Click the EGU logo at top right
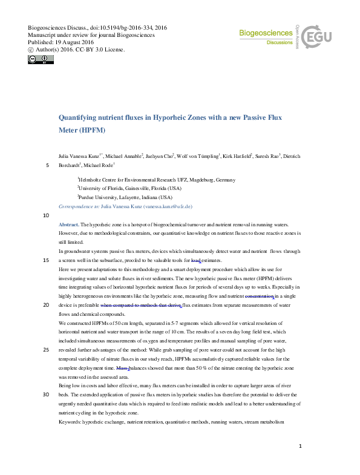coord(318,38)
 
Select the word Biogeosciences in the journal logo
coord(265,33)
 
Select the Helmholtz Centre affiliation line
coord(156,180)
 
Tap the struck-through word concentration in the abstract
coord(259,296)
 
